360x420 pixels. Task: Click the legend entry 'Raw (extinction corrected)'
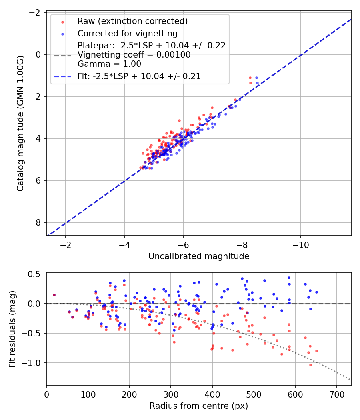point(132,21)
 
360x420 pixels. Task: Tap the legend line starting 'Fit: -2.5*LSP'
point(139,76)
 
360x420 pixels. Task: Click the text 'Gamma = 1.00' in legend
point(109,64)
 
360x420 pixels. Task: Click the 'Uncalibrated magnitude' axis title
point(199,256)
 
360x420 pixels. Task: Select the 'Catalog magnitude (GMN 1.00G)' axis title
point(20,124)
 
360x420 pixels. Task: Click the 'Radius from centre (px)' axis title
point(199,406)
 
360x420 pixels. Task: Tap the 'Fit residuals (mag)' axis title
point(12,329)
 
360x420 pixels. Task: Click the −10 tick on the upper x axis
point(300,245)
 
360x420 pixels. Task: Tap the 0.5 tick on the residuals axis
point(37,274)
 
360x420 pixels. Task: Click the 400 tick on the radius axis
point(212,394)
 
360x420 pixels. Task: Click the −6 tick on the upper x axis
point(183,245)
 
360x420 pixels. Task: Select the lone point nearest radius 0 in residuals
point(54,295)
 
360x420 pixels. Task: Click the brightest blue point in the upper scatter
point(257,78)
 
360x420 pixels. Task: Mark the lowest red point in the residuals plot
point(310,365)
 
